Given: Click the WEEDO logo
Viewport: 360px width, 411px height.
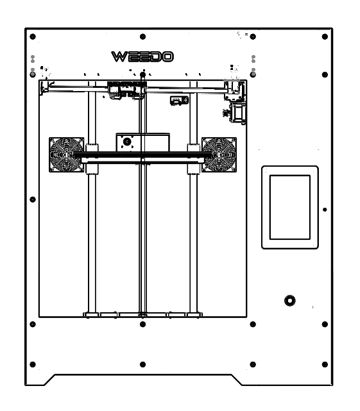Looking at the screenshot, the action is pos(142,56).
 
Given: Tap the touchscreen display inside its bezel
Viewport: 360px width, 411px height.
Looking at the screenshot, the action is pos(290,207).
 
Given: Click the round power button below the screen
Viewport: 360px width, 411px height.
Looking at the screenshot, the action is pos(290,301).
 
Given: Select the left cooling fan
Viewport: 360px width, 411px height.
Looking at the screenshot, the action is pos(66,155).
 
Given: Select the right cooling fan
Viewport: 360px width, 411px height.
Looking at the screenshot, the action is pos(219,155).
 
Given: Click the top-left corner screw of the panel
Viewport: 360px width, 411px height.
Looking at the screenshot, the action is pos(33,37).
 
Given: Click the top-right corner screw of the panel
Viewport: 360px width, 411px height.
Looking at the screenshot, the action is pos(325,37).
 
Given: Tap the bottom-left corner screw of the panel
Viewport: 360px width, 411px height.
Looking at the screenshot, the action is pos(33,364).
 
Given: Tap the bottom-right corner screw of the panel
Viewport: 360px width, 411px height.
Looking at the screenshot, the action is pos(325,364).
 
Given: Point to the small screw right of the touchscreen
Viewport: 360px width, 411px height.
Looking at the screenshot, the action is pos(325,210).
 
